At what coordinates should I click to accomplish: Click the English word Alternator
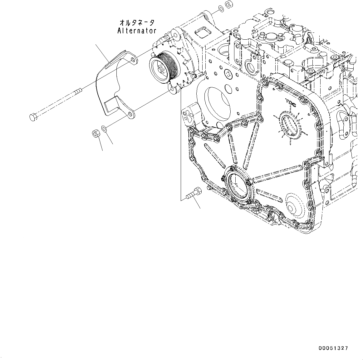(x=137, y=31)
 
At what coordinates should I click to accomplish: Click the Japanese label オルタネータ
(x=137, y=23)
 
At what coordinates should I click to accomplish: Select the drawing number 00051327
(x=333, y=348)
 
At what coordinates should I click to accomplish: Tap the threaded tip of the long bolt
(x=79, y=90)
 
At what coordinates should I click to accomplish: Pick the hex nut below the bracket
(x=96, y=134)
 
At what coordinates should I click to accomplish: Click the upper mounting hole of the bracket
(x=133, y=60)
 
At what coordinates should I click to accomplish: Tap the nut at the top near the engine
(x=228, y=5)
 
